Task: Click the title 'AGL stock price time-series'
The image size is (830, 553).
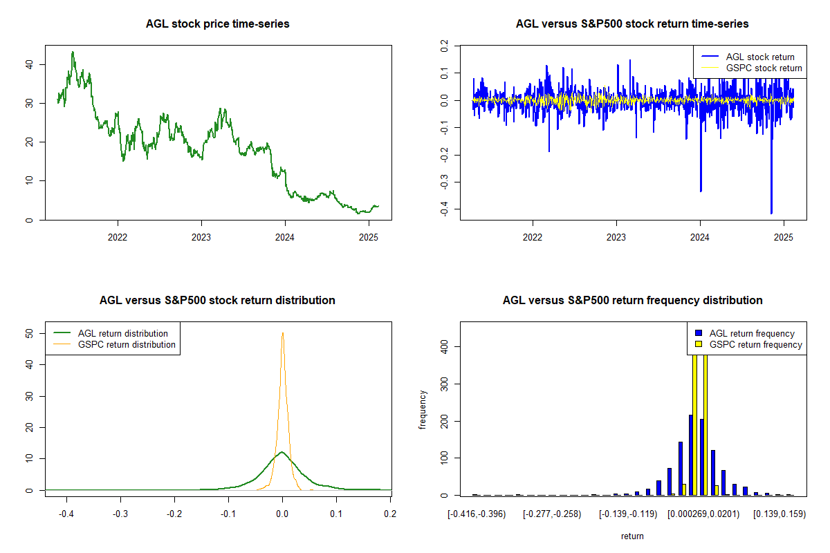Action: tap(217, 24)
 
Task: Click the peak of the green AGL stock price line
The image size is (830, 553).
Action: tap(73, 52)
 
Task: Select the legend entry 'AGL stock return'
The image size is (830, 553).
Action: tap(759, 57)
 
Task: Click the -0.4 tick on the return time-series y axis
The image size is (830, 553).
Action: tap(443, 210)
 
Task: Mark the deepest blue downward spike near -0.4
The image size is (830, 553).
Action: tap(771, 213)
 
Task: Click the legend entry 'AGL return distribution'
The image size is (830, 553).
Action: tap(122, 333)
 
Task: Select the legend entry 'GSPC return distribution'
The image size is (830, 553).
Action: tap(127, 344)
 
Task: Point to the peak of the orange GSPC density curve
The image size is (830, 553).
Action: tap(282, 333)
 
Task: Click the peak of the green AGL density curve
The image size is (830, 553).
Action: tap(282, 452)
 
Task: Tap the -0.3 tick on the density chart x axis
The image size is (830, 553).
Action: tap(120, 515)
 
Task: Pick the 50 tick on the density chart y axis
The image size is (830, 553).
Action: tap(29, 332)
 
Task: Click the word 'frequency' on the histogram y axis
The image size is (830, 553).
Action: tap(423, 409)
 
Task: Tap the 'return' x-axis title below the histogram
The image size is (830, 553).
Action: tap(632, 536)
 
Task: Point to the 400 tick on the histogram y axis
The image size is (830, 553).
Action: tap(443, 346)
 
